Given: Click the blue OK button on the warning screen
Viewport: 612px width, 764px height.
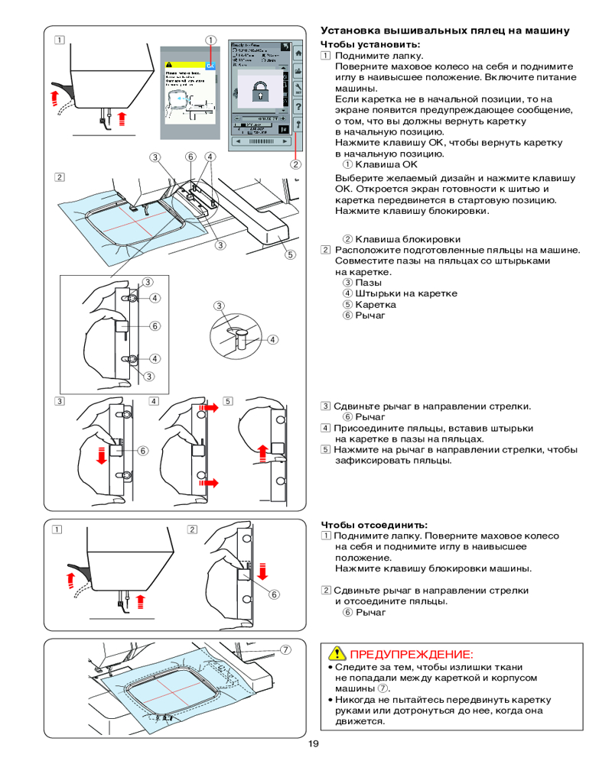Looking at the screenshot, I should click(212, 66).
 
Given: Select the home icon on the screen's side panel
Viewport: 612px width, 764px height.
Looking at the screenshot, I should click(298, 52).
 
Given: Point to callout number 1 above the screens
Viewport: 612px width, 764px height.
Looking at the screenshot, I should click(210, 40).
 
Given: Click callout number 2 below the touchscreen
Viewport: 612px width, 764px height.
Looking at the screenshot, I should click(295, 163).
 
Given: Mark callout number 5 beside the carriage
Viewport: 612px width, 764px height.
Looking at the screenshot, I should click(291, 255).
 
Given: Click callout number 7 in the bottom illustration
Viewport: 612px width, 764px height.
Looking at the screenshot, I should click(285, 649).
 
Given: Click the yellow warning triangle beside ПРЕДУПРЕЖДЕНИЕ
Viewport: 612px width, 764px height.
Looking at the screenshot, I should click(335, 654).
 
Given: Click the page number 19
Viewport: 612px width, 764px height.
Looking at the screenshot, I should click(314, 746).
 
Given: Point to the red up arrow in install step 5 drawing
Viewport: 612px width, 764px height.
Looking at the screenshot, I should click(263, 452).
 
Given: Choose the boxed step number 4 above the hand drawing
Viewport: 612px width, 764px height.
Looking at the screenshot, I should click(154, 400).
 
